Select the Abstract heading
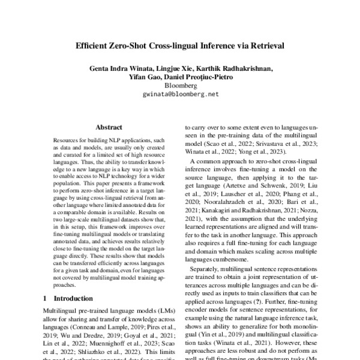point(109,127)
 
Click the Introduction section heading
point(77,298)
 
